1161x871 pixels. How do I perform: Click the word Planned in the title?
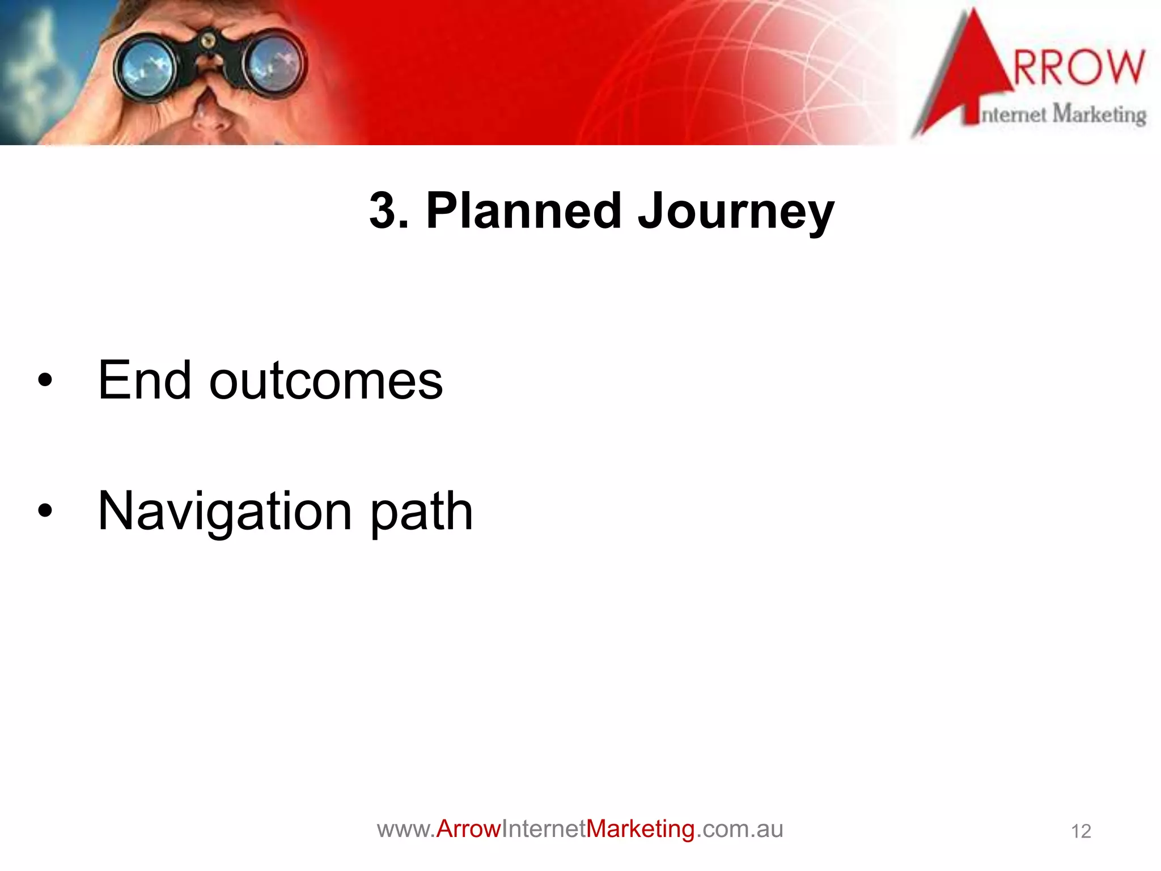click(x=524, y=211)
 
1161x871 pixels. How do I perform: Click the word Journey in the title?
click(x=735, y=211)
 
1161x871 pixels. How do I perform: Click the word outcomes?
click(x=325, y=380)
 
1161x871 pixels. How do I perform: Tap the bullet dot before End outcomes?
click(x=45, y=380)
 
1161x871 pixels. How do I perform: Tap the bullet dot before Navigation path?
click(x=45, y=511)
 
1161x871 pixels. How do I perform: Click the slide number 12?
click(x=1081, y=831)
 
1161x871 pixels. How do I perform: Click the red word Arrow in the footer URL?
click(x=468, y=829)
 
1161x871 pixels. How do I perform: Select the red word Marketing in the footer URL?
click(x=640, y=829)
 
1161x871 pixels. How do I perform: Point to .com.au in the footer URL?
click(x=739, y=829)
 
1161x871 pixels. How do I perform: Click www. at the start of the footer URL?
click(x=406, y=829)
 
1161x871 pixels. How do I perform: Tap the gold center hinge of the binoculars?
click(x=208, y=40)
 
